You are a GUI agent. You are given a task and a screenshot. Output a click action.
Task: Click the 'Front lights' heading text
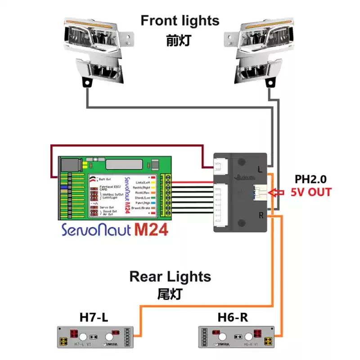pos(180,20)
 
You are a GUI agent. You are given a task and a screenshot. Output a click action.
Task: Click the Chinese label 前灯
pos(179,40)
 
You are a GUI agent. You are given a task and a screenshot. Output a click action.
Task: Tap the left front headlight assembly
pos(96,49)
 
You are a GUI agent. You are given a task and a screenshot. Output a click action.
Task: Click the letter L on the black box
pos(261,169)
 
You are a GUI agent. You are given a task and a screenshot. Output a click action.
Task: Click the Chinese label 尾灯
pos(170,294)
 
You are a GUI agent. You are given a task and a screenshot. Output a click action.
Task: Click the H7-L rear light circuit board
pos(96,337)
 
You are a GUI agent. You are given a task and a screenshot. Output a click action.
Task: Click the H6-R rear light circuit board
pos(236,337)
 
